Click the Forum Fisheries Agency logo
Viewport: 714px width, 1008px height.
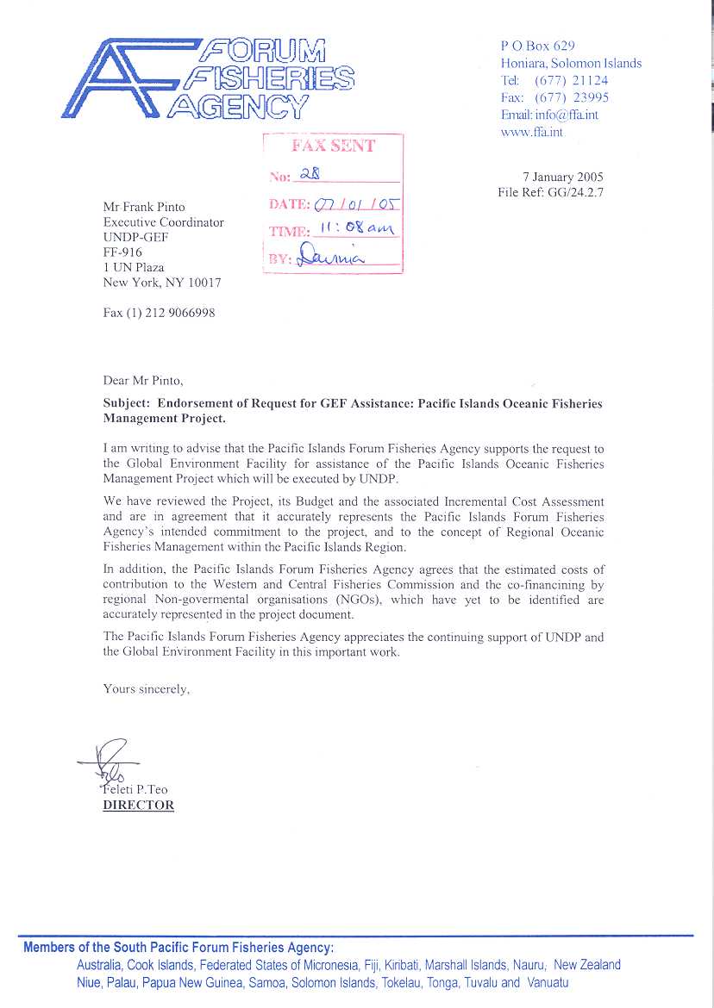click(207, 77)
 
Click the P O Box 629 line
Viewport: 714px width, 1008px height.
click(537, 46)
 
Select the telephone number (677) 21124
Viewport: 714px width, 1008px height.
click(571, 80)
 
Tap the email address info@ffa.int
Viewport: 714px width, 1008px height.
click(566, 115)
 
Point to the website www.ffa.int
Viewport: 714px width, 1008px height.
click(531, 132)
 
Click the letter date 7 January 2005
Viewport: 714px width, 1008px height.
click(563, 177)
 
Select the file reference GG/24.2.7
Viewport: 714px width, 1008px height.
click(576, 192)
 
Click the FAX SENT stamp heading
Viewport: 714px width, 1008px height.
click(333, 146)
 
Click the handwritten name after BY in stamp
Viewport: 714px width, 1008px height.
click(333, 255)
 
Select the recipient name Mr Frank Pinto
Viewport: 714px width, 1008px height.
click(144, 207)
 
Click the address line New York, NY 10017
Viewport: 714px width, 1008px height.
click(162, 283)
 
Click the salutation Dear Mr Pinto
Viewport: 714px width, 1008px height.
click(143, 380)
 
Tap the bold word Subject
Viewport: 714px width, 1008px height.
click(127, 403)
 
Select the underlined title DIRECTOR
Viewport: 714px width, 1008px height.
click(138, 806)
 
